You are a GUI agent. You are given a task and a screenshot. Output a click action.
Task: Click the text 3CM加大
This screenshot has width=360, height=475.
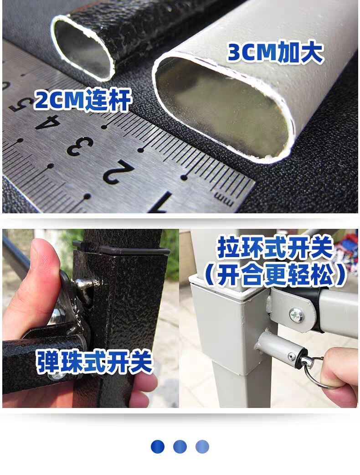[275, 53]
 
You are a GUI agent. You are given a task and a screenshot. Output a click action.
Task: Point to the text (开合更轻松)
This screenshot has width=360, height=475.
[274, 275]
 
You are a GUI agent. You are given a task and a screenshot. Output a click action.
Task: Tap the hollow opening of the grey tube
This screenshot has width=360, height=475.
[223, 105]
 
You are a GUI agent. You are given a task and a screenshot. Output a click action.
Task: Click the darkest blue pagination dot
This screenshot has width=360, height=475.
[157, 446]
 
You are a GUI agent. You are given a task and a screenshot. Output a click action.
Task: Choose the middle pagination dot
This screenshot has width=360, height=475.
[180, 446]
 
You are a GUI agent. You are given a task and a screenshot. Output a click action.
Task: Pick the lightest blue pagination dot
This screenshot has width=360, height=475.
[202, 446]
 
